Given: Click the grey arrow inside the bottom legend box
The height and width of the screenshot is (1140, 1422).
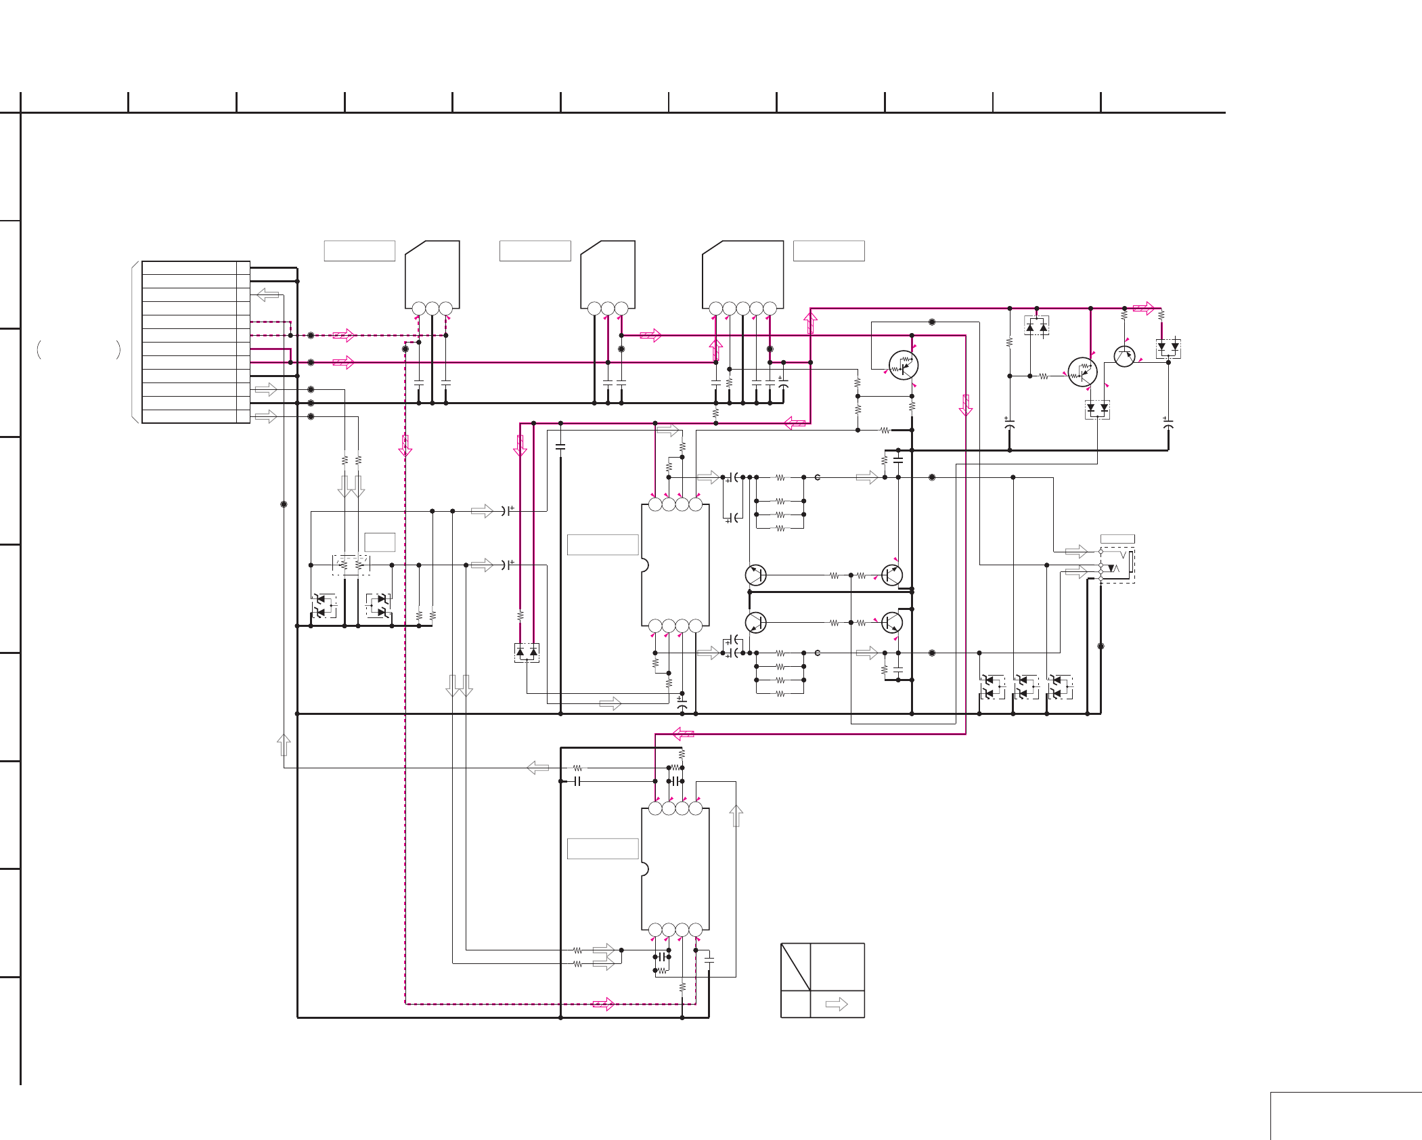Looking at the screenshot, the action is coord(837,1004).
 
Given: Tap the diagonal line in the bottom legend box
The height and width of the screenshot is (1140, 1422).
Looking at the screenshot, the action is coord(795,967).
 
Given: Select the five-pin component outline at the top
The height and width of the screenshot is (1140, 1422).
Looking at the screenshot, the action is coord(742,274).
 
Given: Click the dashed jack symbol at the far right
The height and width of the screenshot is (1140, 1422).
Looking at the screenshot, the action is coord(1117,565).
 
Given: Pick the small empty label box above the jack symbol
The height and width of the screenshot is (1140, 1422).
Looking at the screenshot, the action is coord(1117,539).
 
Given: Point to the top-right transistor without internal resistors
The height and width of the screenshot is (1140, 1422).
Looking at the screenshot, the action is coord(1124,356).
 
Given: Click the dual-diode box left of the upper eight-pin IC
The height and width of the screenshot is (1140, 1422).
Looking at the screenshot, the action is coord(527,653).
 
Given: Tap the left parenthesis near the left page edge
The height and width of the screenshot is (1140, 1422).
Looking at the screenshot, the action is coord(39,349).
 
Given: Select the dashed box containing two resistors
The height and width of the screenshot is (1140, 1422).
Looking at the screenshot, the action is coord(351,565).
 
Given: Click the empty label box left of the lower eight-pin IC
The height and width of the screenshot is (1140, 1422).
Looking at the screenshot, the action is coord(602,848).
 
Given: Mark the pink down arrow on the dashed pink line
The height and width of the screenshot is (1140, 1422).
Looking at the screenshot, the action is coord(405,446).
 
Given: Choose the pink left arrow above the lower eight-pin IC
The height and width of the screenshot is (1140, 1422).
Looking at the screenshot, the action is coord(684,734).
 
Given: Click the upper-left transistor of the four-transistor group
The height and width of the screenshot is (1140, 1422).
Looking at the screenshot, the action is coord(755,575).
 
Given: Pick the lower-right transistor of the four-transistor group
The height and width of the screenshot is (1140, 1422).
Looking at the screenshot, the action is coord(892,622).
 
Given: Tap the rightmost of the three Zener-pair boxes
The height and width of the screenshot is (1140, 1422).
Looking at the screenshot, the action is coord(1060,686).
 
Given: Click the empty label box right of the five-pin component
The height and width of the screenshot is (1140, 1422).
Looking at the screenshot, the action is coord(828,250).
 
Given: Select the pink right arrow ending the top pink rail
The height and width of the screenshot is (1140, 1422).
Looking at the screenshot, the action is coord(1143,308).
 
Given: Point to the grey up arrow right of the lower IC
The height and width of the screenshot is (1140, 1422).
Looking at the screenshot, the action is coord(736,816).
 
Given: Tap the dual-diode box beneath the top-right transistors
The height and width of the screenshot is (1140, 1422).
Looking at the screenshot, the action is coord(1097,409).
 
